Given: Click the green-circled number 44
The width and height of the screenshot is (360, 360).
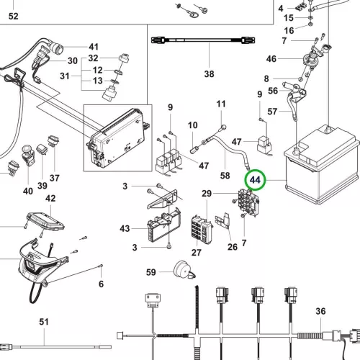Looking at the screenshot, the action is (255, 180).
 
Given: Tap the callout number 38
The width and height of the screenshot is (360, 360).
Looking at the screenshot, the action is (209, 74).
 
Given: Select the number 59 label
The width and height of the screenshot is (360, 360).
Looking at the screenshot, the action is (151, 272).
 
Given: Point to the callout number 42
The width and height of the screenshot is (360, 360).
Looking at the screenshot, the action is (50, 198).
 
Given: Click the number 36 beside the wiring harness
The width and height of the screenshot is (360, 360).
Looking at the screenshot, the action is (320, 311).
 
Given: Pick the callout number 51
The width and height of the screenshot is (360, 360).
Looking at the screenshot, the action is (44, 322).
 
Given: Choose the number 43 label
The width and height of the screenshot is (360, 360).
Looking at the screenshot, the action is (125, 228).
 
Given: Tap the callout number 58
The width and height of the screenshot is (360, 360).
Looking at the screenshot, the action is (225, 176).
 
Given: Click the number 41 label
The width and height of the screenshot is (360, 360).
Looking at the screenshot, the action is (94, 47).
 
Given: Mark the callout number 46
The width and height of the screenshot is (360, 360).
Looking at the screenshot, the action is (271, 59).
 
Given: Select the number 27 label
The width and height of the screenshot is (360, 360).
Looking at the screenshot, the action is (197, 253).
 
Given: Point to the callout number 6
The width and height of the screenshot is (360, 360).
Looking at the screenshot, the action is (102, 284).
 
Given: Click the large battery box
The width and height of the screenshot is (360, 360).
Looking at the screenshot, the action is (323, 166).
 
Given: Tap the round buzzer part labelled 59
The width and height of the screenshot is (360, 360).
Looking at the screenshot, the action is (183, 270).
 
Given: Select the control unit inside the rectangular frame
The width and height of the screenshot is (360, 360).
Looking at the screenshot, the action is (117, 139).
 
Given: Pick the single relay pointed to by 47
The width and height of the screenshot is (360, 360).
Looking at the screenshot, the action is (264, 145).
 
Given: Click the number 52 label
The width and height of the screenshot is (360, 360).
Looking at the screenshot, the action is (14, 16).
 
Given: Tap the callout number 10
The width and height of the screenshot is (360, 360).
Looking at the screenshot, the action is (193, 125).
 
